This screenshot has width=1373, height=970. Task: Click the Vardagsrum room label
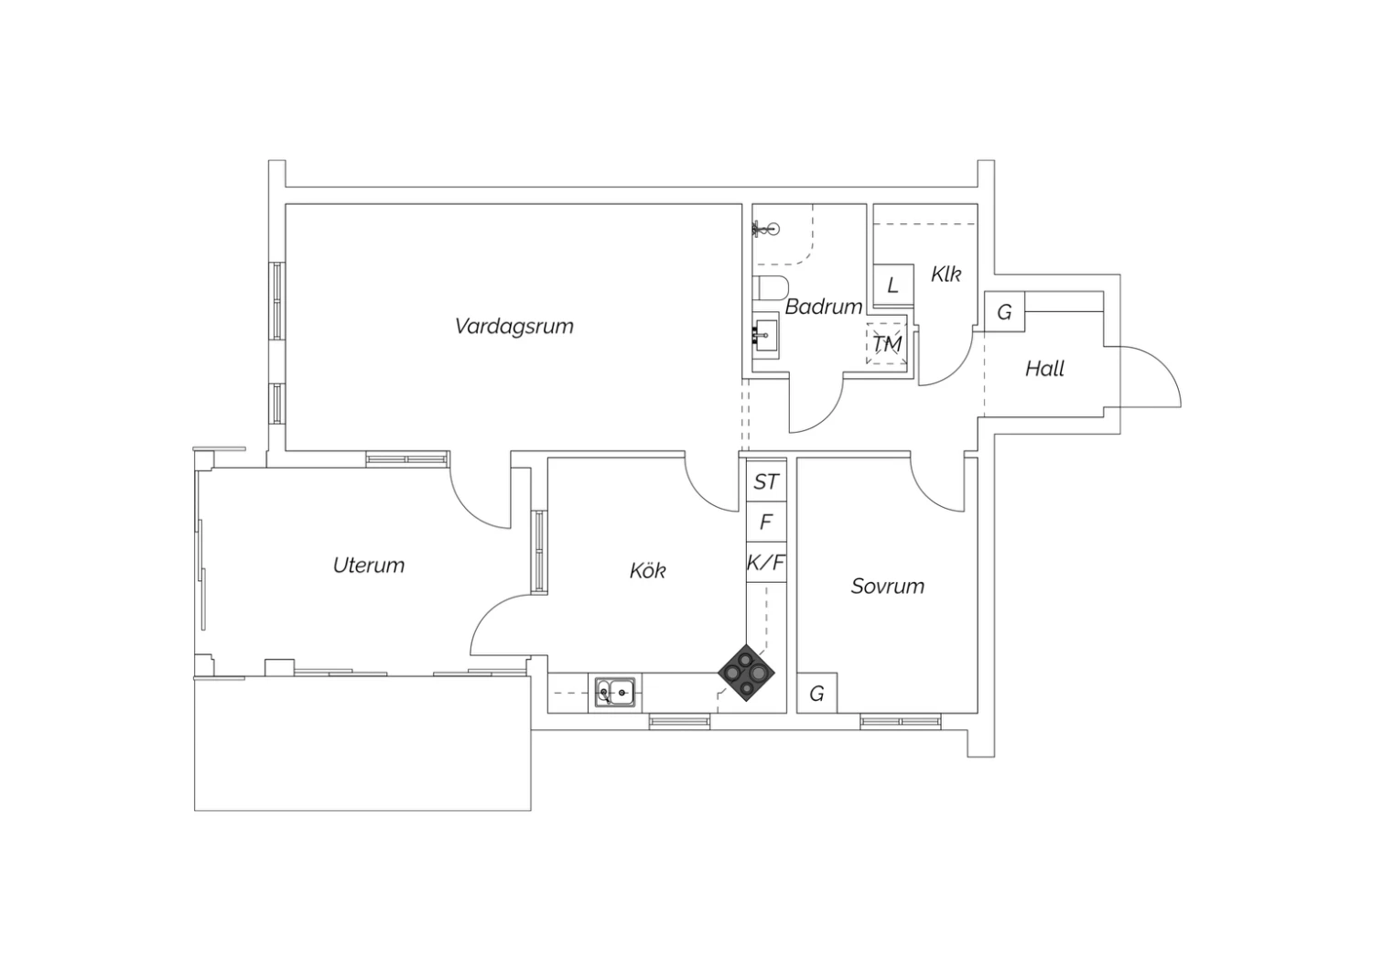(x=514, y=326)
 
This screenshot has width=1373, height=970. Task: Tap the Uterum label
(x=369, y=565)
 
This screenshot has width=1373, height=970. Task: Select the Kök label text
(x=648, y=570)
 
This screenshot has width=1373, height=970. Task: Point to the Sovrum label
(x=888, y=587)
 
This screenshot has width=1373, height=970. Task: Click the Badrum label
(x=824, y=307)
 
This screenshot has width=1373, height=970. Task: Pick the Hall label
(x=1044, y=369)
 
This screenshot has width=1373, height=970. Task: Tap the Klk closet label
(x=946, y=274)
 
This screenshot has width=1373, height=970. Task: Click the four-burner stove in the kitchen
(x=746, y=673)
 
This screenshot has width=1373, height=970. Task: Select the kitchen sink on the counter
(x=615, y=693)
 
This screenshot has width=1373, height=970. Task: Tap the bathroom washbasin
(x=765, y=335)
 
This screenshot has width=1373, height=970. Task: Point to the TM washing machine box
(x=886, y=344)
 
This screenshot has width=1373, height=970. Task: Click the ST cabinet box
(x=766, y=481)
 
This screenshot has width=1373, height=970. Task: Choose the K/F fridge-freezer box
(x=766, y=562)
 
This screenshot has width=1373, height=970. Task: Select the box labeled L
(x=893, y=285)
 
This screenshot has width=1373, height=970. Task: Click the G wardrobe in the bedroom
(x=816, y=693)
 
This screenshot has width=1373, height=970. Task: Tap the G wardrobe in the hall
(x=1004, y=312)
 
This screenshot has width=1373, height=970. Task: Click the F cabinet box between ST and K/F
(x=766, y=522)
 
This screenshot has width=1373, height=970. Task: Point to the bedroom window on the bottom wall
(x=901, y=721)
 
